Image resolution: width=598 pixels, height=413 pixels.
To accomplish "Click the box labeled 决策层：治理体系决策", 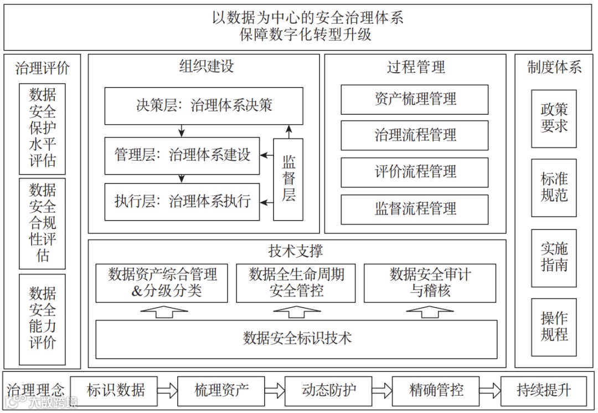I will click(204, 105).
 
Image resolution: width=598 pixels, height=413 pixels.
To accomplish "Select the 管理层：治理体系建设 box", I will click(182, 155).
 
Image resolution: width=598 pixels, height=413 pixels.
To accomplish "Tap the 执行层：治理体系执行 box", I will click(182, 201).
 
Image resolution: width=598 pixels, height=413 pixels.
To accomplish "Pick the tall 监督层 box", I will click(288, 179).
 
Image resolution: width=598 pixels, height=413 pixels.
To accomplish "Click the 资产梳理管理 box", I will click(415, 99).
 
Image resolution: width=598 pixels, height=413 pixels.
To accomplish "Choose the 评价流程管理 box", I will click(415, 172).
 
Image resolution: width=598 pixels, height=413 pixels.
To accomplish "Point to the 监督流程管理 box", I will click(415, 209).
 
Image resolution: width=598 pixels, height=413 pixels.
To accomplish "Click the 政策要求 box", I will click(554, 118).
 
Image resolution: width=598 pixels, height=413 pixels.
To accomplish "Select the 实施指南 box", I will click(554, 258).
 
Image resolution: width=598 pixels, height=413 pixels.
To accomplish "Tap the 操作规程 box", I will click(554, 327).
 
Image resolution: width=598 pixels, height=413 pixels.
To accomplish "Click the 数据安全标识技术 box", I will click(297, 338).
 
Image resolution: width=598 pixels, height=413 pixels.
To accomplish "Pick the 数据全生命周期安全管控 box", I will click(296, 283).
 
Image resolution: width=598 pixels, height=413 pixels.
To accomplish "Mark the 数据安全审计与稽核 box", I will click(430, 283).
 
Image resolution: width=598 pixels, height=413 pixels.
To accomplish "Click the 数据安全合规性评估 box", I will click(42, 223).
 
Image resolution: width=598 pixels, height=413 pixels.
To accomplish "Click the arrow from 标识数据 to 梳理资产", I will click(167, 390).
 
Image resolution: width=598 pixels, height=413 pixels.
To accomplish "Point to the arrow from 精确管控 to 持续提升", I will click(489, 390).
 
